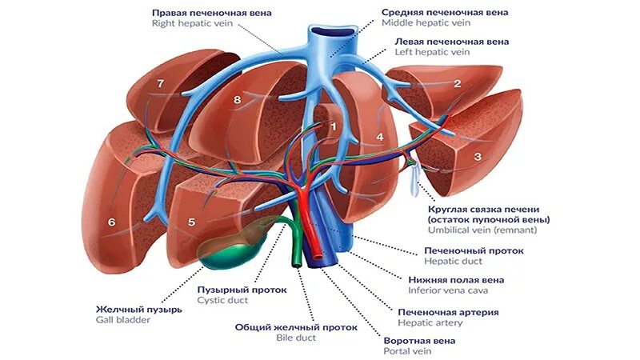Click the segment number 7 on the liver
pos(160,83)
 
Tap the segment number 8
pos(237,99)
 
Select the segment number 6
pos(112,222)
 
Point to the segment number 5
pos(191,222)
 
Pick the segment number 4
pos(380,137)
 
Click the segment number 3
pos(478,157)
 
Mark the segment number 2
pos(457,83)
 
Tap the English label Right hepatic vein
pos(192,24)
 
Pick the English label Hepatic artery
pos(430,322)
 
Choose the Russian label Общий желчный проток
pos(296,326)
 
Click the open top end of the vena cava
pos(332,34)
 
